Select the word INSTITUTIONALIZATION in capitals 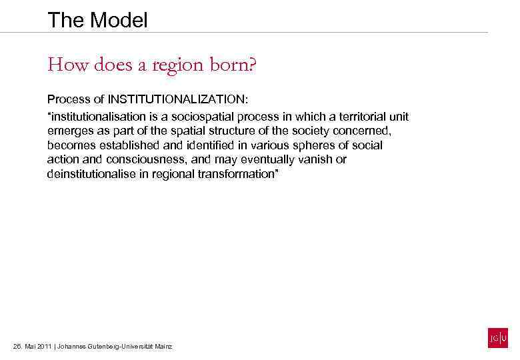(x=177, y=100)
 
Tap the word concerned (x=364, y=131)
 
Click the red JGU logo (x=498, y=338)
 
